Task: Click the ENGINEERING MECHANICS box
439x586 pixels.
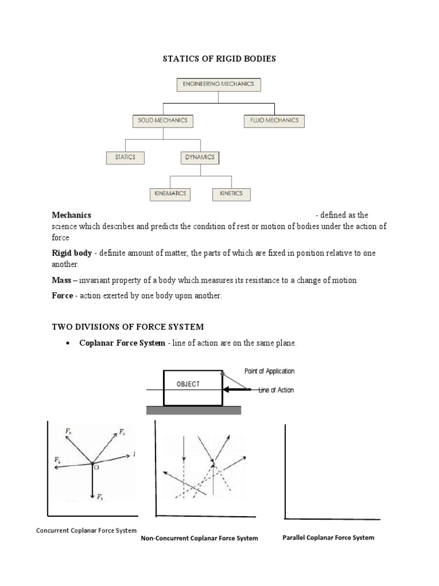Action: (x=219, y=85)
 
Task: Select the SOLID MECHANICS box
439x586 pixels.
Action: (x=163, y=121)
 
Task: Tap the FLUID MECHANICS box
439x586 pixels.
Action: (x=274, y=121)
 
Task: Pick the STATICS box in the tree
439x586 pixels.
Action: (x=125, y=157)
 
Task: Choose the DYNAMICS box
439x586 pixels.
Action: (x=200, y=157)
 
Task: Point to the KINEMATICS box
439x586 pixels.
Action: (x=170, y=193)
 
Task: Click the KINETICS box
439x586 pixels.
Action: (x=231, y=193)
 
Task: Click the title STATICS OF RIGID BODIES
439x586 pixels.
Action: (x=220, y=59)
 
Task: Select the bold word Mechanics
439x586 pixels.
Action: (x=71, y=215)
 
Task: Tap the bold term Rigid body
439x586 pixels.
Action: (x=71, y=253)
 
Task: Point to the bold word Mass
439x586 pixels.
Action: (x=61, y=280)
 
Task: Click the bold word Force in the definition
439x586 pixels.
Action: (x=62, y=296)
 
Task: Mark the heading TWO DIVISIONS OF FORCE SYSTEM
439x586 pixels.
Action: (x=127, y=327)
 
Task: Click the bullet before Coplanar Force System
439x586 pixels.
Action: (x=68, y=343)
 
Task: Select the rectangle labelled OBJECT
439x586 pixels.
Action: (x=193, y=387)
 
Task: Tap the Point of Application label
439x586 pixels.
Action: (x=269, y=371)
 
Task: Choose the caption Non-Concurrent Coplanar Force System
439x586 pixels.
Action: (x=199, y=538)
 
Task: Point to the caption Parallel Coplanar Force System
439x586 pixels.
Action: (x=329, y=537)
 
